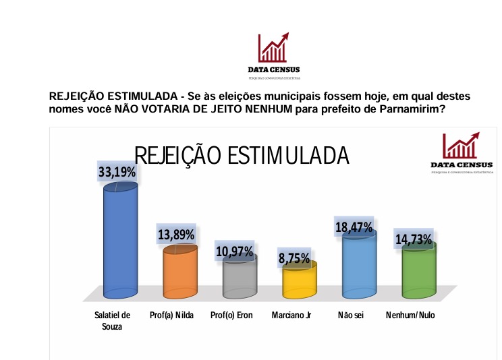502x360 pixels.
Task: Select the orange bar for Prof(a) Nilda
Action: tap(179, 273)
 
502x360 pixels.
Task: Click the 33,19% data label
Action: tap(117, 173)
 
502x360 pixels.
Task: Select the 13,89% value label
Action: tap(176, 235)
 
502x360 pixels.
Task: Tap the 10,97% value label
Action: tap(235, 251)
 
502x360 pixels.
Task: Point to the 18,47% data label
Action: tap(354, 227)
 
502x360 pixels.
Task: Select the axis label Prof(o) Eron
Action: tap(231, 315)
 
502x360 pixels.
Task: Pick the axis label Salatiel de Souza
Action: tap(112, 320)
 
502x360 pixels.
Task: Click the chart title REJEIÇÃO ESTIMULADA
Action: tap(242, 155)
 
